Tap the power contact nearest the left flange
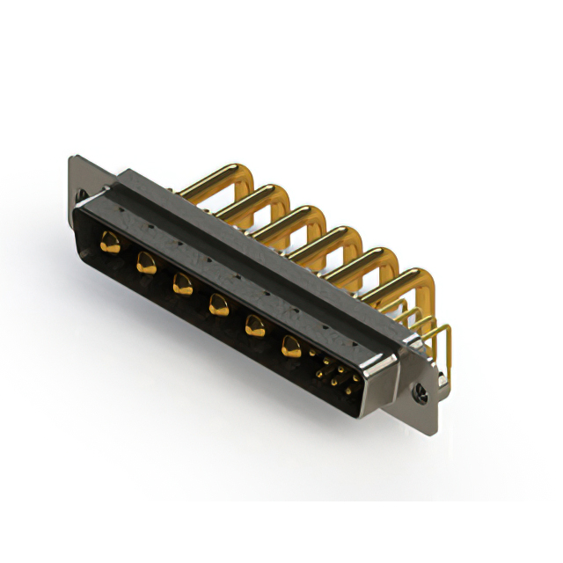click(110, 243)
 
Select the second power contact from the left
click(145, 262)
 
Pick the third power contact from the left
click(182, 283)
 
